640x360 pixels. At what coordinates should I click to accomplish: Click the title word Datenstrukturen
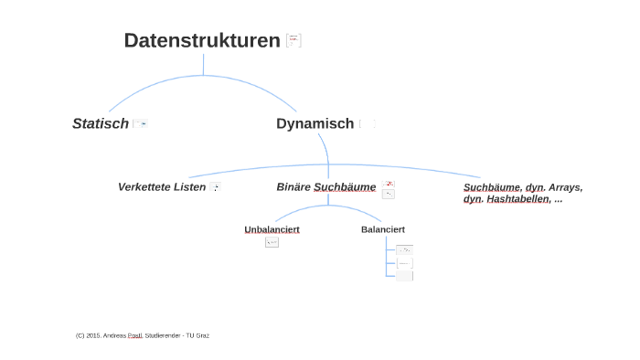(201, 40)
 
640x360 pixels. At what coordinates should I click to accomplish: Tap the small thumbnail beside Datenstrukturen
(293, 40)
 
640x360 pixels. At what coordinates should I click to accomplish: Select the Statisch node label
(101, 123)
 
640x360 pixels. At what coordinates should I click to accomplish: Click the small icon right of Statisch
(140, 123)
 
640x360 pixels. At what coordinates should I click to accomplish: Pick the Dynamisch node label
(315, 123)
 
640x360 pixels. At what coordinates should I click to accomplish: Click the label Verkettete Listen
(162, 187)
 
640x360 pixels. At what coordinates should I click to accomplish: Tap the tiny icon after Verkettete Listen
(215, 187)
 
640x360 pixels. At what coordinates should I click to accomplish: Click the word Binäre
(293, 187)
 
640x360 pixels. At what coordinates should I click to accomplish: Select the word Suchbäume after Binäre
(345, 187)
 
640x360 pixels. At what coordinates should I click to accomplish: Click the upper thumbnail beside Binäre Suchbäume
(389, 184)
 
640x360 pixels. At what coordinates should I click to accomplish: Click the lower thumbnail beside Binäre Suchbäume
(389, 194)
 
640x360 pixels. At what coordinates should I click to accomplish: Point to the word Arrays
(565, 187)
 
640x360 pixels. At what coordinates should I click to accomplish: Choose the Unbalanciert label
(272, 229)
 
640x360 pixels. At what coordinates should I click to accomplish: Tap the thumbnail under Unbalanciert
(272, 242)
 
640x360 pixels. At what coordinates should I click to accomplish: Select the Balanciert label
(383, 229)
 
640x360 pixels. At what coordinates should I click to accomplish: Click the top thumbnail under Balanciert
(404, 249)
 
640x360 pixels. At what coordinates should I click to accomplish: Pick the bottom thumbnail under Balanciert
(404, 275)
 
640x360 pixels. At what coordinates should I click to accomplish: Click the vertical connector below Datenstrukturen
(203, 65)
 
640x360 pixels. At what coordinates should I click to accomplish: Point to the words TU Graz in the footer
(197, 335)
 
